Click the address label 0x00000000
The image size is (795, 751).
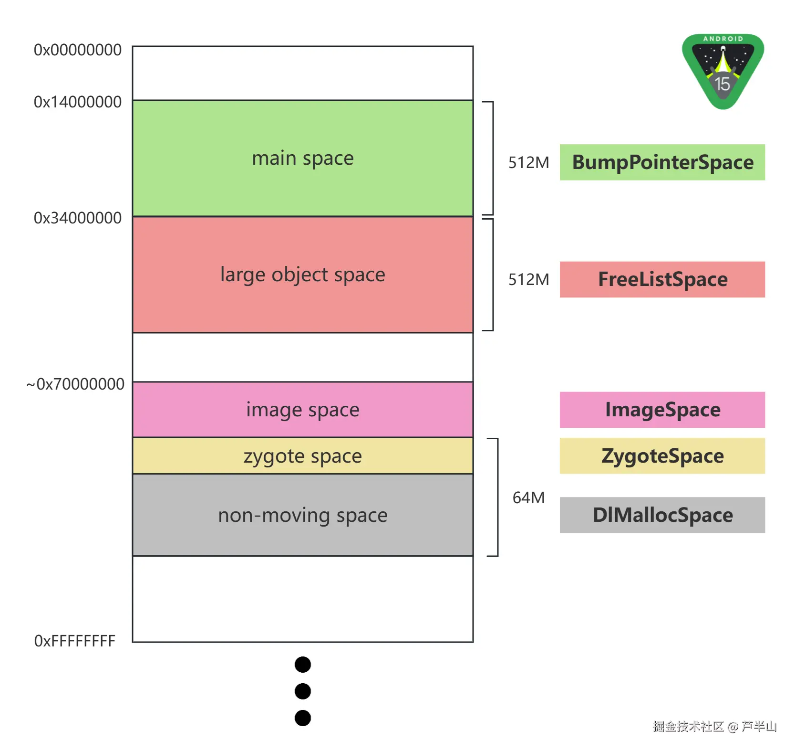[77, 50]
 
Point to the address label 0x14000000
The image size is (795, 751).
[77, 102]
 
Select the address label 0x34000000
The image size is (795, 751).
[77, 218]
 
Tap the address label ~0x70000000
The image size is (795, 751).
[75, 384]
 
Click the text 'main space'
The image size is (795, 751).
[303, 159]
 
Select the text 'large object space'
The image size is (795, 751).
[303, 275]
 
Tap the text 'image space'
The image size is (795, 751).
[303, 410]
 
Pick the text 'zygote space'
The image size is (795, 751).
[303, 456]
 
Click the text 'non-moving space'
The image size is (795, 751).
[303, 516]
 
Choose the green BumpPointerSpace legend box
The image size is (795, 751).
[662, 162]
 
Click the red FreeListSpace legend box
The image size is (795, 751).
[662, 280]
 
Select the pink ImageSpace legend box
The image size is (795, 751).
[662, 410]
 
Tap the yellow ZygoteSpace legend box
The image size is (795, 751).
[662, 456]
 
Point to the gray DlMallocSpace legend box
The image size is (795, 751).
[662, 515]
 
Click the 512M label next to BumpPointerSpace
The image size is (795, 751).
[528, 163]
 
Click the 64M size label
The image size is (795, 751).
[528, 498]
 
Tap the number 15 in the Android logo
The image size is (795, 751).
[723, 84]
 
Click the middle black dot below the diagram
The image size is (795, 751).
[303, 691]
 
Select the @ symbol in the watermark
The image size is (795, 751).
[733, 727]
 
